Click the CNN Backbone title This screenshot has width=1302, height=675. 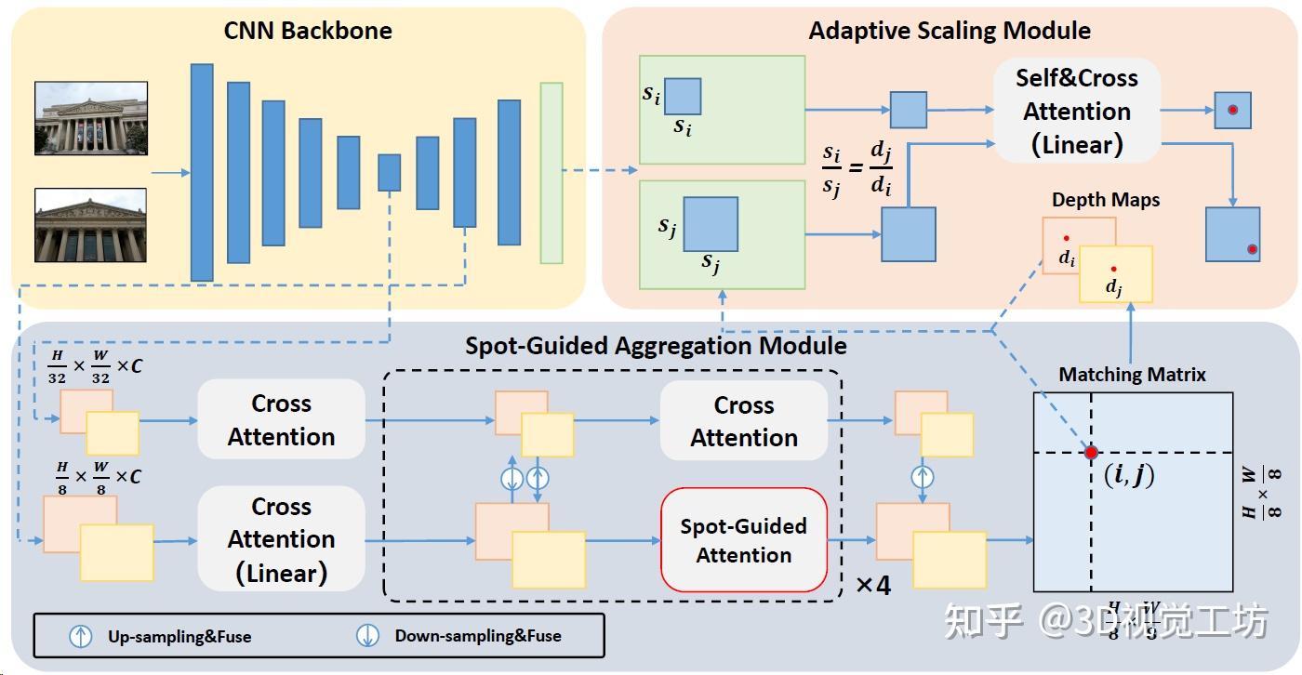pyautogui.click(x=308, y=31)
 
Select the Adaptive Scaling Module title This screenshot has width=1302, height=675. pyautogui.click(x=950, y=31)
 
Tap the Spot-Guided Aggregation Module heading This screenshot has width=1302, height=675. pyautogui.click(x=656, y=346)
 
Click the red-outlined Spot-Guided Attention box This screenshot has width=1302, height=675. pyautogui.click(x=743, y=540)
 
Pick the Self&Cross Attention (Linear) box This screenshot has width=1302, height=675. pyautogui.click(x=1076, y=111)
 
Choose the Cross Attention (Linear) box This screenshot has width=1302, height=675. pyautogui.click(x=281, y=540)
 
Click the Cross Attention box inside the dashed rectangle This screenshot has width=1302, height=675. pyautogui.click(x=743, y=421)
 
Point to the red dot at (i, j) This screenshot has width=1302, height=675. pyautogui.click(x=1091, y=453)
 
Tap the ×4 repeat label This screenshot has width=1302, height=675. pyautogui.click(x=872, y=586)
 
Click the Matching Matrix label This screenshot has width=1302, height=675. pyautogui.click(x=1132, y=375)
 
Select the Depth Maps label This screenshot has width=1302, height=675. pyautogui.click(x=1106, y=200)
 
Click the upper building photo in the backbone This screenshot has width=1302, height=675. pyautogui.click(x=90, y=117)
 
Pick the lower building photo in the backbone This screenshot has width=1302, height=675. pyautogui.click(x=90, y=225)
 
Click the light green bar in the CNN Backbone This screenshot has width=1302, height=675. pyautogui.click(x=551, y=173)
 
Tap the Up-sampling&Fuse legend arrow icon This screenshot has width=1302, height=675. pyautogui.click(x=81, y=636)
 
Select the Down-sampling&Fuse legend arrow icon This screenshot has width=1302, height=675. pyautogui.click(x=368, y=636)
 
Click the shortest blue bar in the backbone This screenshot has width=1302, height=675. pyautogui.click(x=389, y=173)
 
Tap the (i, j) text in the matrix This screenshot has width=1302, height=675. pyautogui.click(x=1128, y=476)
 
